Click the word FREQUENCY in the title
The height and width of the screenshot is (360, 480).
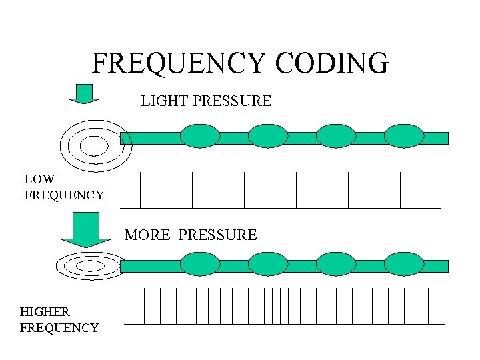click(x=178, y=63)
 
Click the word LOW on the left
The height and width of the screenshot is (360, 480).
click(x=39, y=179)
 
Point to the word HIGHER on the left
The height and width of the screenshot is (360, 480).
click(x=45, y=311)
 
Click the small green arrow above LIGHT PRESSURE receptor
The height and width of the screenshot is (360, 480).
click(x=84, y=94)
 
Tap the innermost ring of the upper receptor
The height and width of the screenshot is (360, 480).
click(x=94, y=145)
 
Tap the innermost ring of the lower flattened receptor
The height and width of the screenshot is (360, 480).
click(x=91, y=266)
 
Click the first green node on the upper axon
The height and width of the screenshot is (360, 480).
click(x=200, y=137)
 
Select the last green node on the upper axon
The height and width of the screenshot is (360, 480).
click(x=404, y=137)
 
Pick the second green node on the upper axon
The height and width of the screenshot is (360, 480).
click(x=268, y=137)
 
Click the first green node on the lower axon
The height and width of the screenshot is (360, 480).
click(x=200, y=264)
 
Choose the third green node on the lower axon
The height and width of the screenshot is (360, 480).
click(x=336, y=264)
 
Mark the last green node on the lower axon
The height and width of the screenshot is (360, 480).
click(x=404, y=264)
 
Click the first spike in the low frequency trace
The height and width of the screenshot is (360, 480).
click(x=141, y=190)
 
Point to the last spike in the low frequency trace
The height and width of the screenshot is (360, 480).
click(x=400, y=190)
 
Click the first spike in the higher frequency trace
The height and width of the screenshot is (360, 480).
click(x=145, y=306)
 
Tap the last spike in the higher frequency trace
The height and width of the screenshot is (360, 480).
click(x=427, y=306)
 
